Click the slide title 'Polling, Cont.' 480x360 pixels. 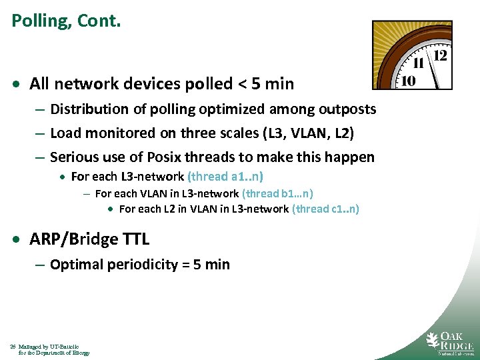[66, 21]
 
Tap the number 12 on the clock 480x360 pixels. [440, 55]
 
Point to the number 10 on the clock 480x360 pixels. [408, 81]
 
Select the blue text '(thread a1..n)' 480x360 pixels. [225, 177]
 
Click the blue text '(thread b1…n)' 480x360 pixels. [278, 193]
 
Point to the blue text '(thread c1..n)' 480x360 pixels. [325, 209]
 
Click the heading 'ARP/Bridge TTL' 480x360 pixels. [89, 239]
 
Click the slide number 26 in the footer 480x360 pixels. [13, 347]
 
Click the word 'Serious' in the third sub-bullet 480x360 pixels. [74, 157]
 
